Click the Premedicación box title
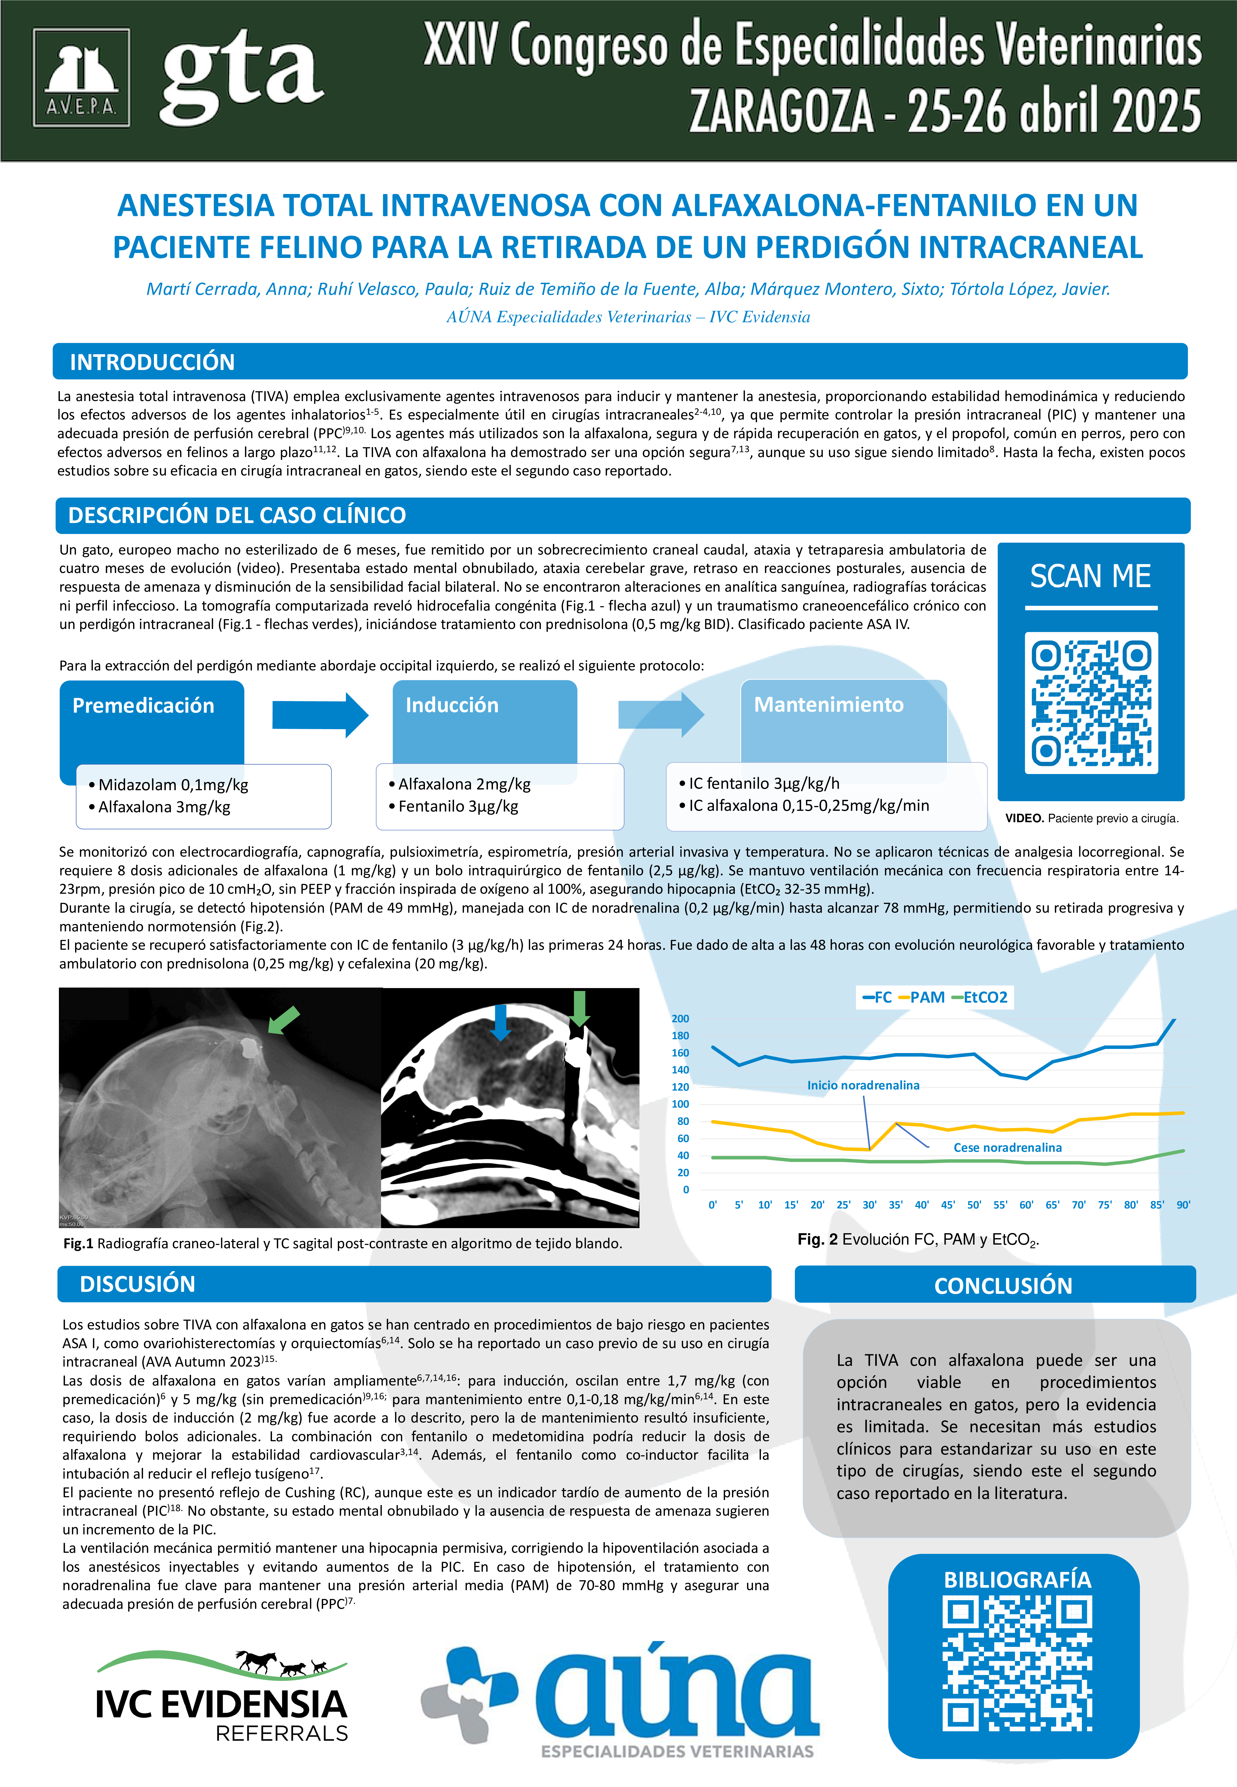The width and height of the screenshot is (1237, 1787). pyautogui.click(x=144, y=706)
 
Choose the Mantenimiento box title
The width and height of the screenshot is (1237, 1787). pyautogui.click(x=829, y=705)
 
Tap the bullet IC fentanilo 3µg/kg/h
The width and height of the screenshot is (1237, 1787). pyautogui.click(x=763, y=783)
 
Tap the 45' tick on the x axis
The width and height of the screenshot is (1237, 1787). pyautogui.click(x=948, y=1205)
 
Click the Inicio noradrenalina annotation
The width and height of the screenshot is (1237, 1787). pyautogui.click(x=863, y=1085)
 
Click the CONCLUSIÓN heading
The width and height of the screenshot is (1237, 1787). pyautogui.click(x=1003, y=1285)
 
